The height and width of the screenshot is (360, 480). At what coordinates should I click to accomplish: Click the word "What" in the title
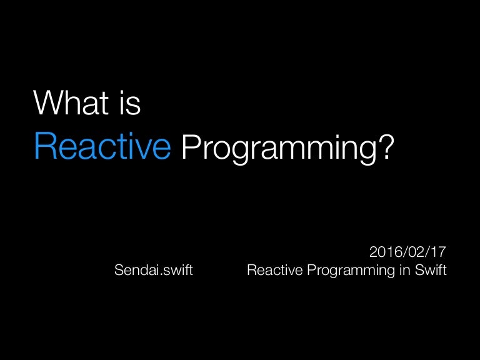[x=71, y=104]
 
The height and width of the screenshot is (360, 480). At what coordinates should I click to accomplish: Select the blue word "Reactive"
[x=102, y=146]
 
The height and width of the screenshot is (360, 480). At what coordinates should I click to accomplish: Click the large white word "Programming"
[x=280, y=149]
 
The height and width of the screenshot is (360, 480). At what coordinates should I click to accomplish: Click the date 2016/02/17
[x=407, y=253]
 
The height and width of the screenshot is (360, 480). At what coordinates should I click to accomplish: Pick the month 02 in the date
[x=414, y=253]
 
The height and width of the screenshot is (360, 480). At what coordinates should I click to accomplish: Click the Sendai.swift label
[x=154, y=271]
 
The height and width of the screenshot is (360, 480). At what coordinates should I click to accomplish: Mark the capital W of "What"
[x=47, y=104]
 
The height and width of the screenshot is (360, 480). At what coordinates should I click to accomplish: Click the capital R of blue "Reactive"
[x=44, y=146]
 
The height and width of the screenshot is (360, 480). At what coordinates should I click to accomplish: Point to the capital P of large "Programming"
[x=188, y=146]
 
